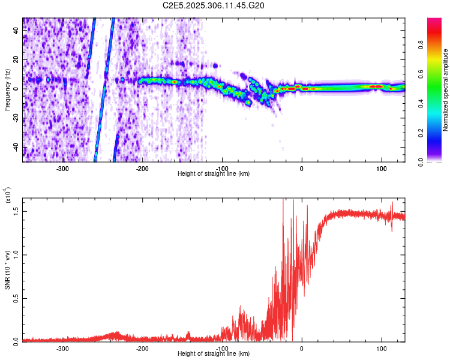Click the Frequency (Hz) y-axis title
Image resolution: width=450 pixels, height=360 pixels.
tap(7, 90)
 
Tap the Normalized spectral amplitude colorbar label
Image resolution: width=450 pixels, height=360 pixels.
tap(445, 90)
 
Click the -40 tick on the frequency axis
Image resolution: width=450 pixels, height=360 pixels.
tap(16, 148)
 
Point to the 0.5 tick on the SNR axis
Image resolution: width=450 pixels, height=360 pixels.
tap(16, 298)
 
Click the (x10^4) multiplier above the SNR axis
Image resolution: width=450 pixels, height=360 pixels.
tap(10, 195)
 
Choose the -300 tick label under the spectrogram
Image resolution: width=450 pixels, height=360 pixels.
tap(63, 168)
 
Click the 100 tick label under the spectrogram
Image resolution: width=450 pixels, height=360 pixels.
tap(381, 168)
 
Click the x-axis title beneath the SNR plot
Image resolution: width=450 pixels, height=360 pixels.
tap(214, 354)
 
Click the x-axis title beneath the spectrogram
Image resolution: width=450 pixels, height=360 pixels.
tap(214, 174)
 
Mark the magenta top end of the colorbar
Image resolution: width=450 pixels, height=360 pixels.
tap(434, 20)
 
